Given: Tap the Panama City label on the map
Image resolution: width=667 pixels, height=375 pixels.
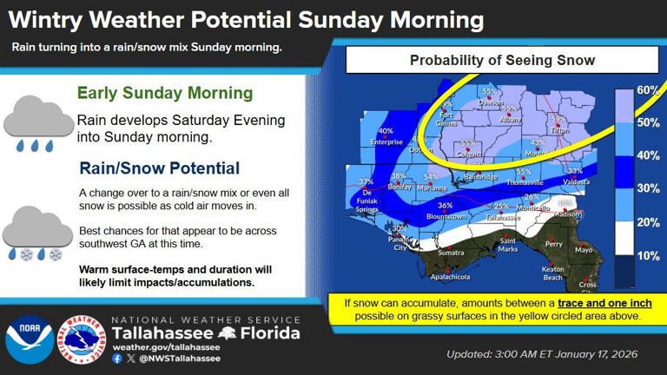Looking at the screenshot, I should (400, 245).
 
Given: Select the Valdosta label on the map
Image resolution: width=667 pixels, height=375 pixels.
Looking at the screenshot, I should (576, 181).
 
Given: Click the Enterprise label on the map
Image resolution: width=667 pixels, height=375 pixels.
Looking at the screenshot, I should (386, 141).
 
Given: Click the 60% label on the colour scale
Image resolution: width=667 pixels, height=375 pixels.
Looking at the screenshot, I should (648, 90).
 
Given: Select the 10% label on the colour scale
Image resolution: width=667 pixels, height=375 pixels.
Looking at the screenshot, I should (648, 256).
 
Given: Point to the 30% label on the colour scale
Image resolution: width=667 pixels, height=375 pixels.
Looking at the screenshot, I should (648, 188).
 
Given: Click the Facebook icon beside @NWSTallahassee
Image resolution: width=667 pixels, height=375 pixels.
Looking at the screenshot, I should (117, 358).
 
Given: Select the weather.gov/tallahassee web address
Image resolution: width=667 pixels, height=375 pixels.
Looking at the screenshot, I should (166, 347).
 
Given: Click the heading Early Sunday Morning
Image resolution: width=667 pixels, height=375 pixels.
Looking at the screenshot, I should (165, 93).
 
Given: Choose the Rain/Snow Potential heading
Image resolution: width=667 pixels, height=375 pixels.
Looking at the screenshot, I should (160, 168).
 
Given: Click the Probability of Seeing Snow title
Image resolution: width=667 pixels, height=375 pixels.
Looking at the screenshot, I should (502, 61).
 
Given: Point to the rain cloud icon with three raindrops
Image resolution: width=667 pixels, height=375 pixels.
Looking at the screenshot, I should (36, 124).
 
